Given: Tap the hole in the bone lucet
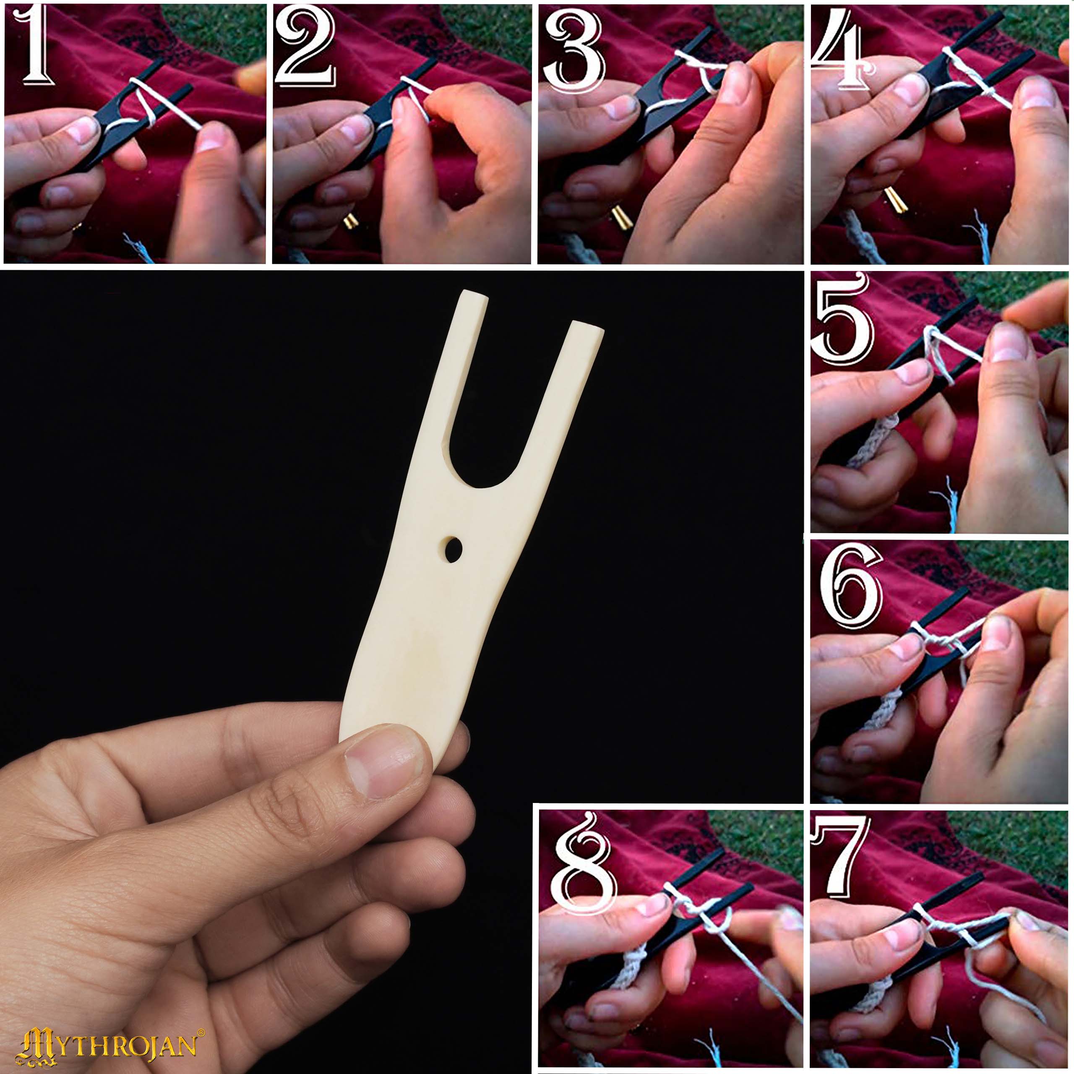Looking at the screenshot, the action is click(x=454, y=549).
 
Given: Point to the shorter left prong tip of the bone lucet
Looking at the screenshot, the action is click(x=472, y=295).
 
